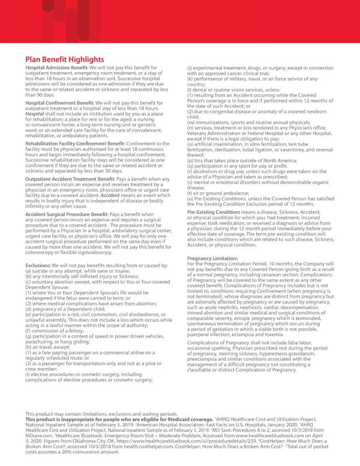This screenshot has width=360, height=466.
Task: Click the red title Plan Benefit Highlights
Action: pyautogui.click(x=73, y=59)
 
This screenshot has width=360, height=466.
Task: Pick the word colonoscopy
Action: pyautogui.click(x=43, y=252)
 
